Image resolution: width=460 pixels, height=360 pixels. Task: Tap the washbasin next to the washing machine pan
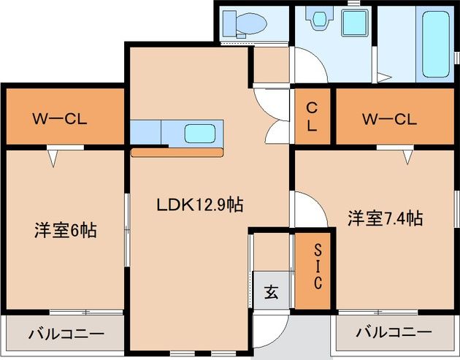pyautogui.click(x=318, y=21)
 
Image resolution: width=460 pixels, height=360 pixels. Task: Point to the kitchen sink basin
pyautogui.click(x=199, y=134)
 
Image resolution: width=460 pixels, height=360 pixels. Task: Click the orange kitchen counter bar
pyautogui.click(x=177, y=153)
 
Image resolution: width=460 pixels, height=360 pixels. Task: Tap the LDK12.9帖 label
pyautogui.click(x=199, y=205)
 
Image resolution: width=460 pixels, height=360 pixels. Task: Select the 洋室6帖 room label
pyautogui.click(x=65, y=230)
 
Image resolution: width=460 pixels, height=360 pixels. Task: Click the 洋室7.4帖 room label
pyautogui.click(x=385, y=218)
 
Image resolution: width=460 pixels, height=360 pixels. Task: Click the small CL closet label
pyautogui.click(x=312, y=117)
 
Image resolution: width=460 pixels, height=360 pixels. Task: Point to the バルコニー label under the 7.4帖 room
pyautogui.click(x=394, y=332)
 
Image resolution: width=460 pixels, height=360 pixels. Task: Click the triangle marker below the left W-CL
pyautogui.click(x=54, y=156)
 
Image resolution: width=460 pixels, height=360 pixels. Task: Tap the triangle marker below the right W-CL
pyautogui.click(x=406, y=156)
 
